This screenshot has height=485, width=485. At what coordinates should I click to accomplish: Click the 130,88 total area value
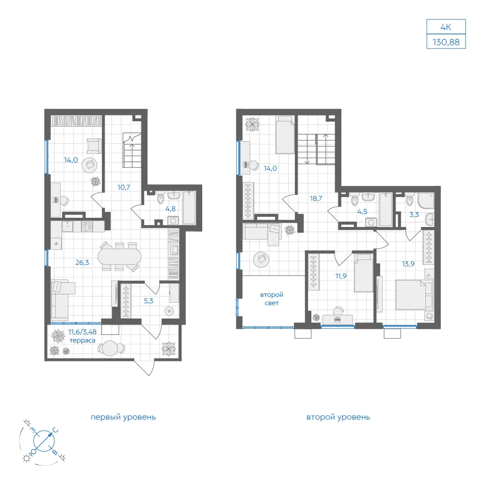[x=446, y=42]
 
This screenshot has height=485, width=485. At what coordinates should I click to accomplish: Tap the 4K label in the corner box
[x=446, y=27]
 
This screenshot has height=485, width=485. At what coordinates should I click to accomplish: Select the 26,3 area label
[x=82, y=262]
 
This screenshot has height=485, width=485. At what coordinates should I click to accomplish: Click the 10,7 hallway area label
[x=123, y=187]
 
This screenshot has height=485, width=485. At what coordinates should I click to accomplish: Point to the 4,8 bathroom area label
[x=170, y=209]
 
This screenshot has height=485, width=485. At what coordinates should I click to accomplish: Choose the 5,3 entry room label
[x=148, y=301]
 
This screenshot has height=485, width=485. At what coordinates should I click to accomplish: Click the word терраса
[x=82, y=340]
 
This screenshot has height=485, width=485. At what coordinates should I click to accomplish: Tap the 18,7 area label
[x=316, y=198]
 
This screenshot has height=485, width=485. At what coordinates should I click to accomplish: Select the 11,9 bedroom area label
[x=341, y=276]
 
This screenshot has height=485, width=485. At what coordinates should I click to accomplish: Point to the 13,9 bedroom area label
[x=408, y=264]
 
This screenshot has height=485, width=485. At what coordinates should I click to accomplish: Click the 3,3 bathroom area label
[x=414, y=214]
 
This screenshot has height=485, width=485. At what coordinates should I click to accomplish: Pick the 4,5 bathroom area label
[x=362, y=212]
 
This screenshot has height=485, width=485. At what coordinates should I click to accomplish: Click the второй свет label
[x=272, y=299]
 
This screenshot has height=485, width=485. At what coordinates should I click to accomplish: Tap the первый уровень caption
[x=123, y=417]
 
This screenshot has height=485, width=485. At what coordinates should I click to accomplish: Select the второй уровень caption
[x=338, y=417]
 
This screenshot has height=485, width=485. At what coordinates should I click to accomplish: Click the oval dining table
[x=119, y=257]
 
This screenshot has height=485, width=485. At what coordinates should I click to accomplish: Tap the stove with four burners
[x=87, y=226]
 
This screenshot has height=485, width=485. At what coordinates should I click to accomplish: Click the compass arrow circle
[x=44, y=440]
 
